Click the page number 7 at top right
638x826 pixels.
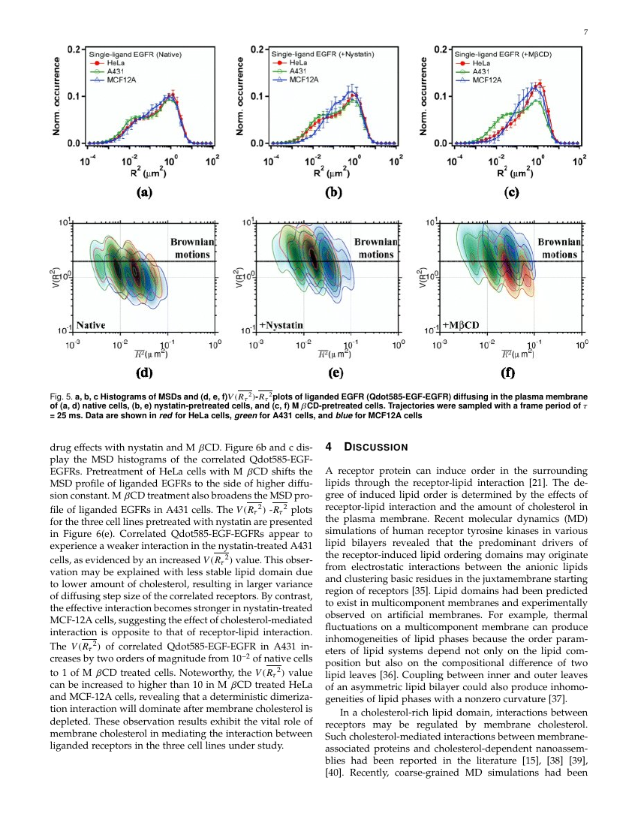click(584, 32)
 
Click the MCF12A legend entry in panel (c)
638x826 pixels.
click(487, 80)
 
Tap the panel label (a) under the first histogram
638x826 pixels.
click(143, 192)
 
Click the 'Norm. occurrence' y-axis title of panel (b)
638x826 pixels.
click(242, 95)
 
